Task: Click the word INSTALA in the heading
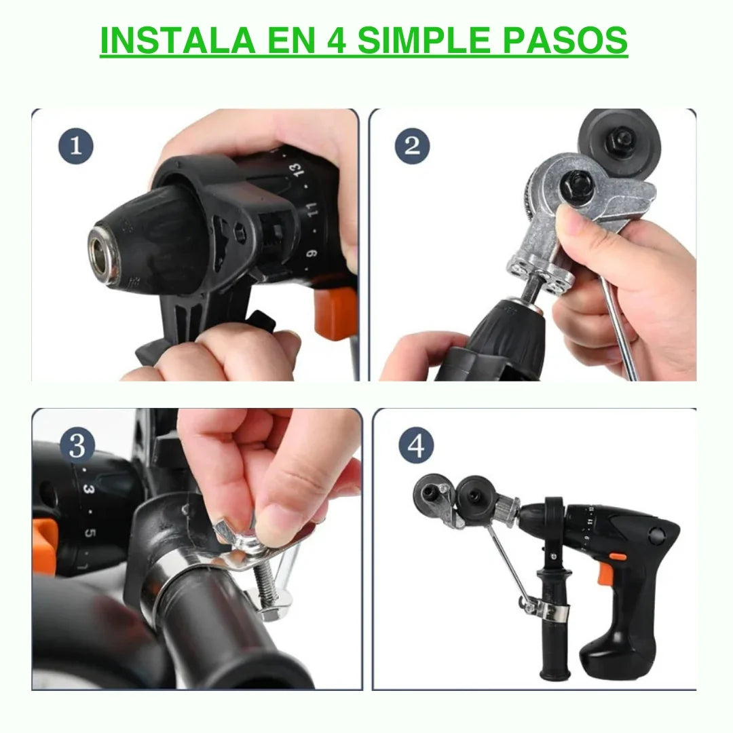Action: click(178, 41)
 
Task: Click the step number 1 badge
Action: click(76, 146)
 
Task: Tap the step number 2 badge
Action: click(412, 146)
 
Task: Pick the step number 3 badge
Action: click(77, 445)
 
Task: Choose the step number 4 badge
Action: click(416, 445)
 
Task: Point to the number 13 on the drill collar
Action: click(297, 169)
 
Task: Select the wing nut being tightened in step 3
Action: click(237, 537)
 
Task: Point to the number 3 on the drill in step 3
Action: click(89, 489)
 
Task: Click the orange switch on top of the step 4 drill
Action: click(618, 557)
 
